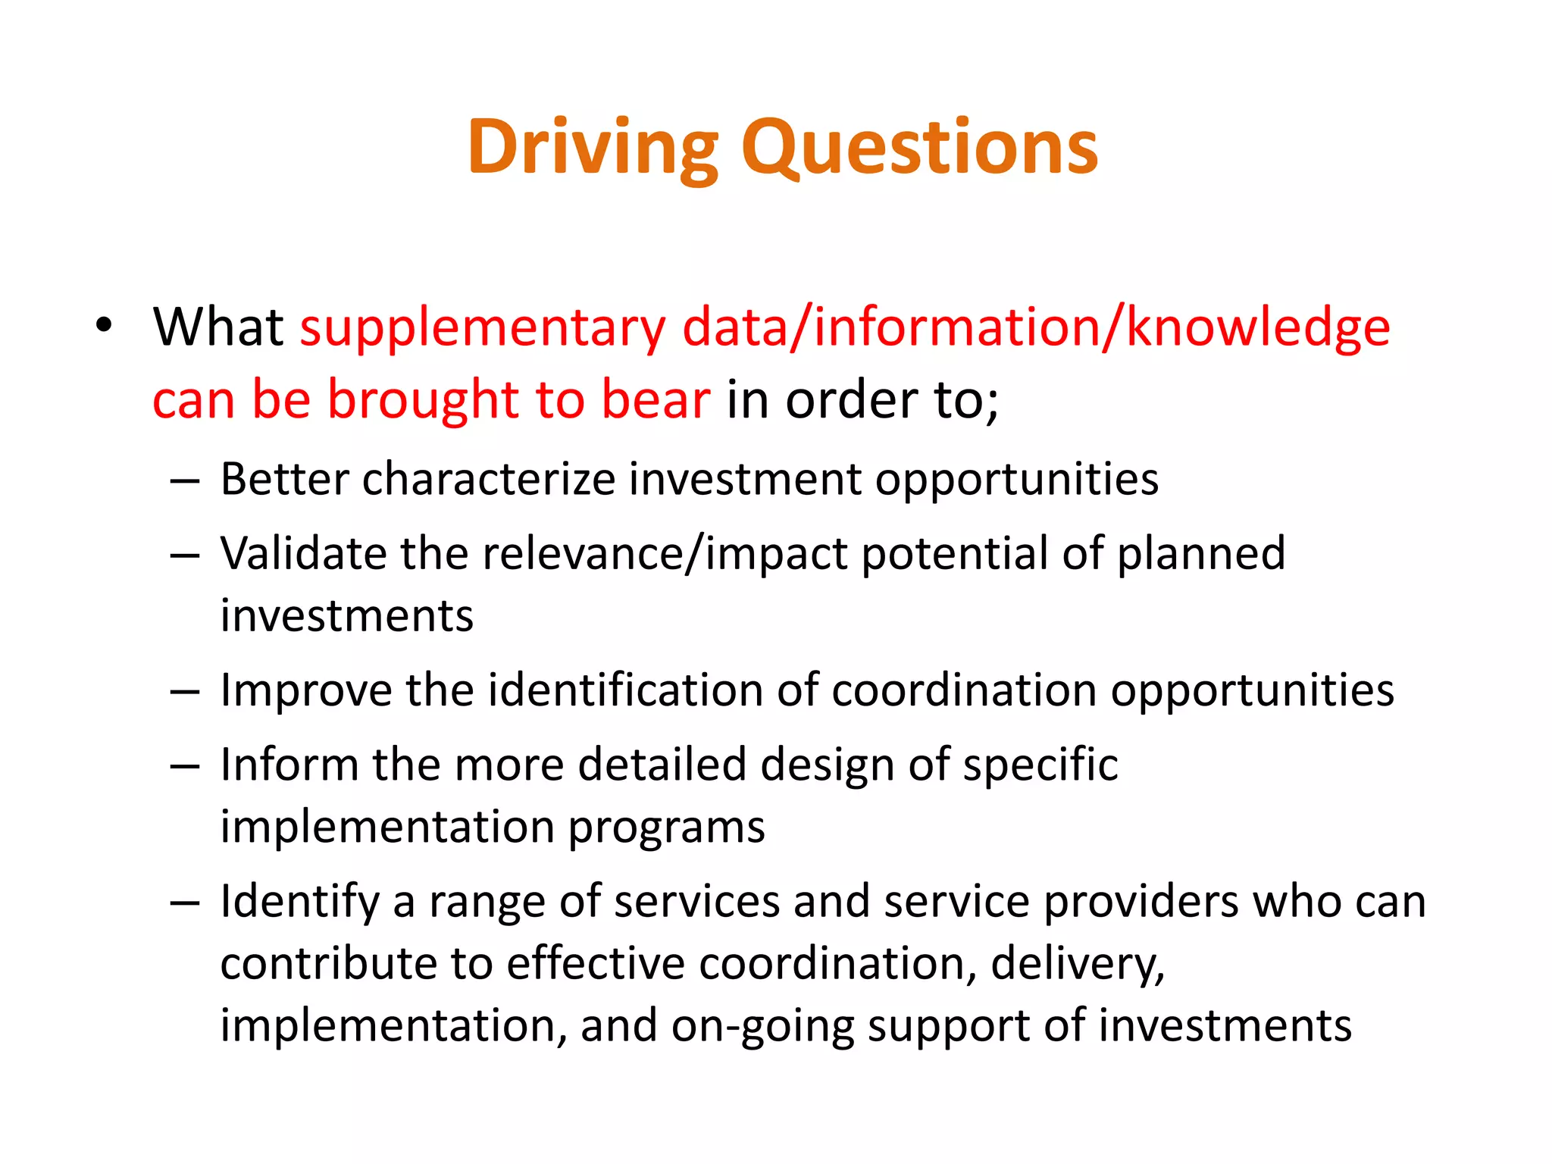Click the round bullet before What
tap(104, 326)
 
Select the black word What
tap(218, 327)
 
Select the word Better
tap(284, 480)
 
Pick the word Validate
tap(303, 553)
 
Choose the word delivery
tap(1077, 965)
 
